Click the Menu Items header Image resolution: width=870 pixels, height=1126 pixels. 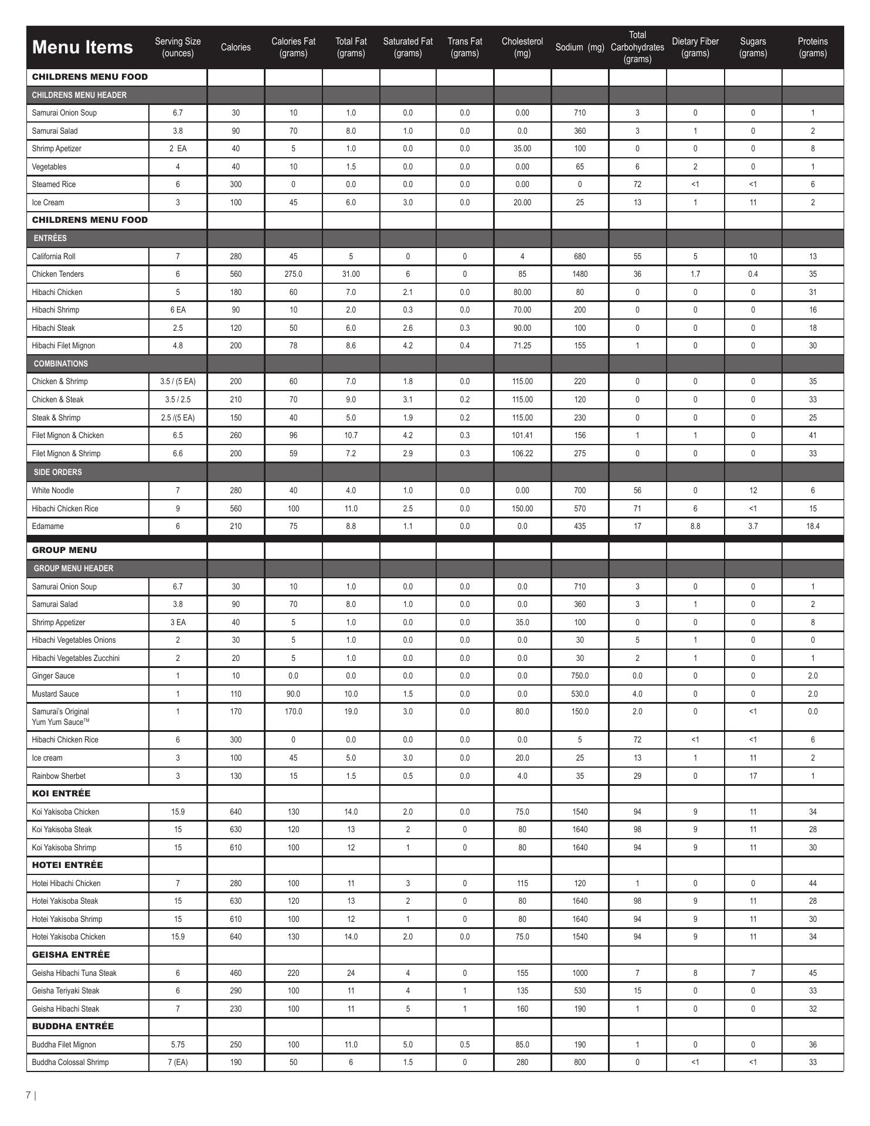[x=82, y=47]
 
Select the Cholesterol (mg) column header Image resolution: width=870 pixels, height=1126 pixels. [x=522, y=47]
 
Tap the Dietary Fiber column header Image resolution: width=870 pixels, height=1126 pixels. [x=695, y=47]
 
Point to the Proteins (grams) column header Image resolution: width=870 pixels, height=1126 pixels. [x=813, y=47]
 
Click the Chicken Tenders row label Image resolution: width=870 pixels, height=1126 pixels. [x=57, y=274]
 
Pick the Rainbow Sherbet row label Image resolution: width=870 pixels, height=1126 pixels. [x=59, y=776]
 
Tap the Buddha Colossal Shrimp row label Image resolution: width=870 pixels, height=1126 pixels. [x=70, y=1062]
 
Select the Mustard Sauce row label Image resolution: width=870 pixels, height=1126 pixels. [x=55, y=694]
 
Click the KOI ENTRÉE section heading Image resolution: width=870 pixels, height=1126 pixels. [x=61, y=793]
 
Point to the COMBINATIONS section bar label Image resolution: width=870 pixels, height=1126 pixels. [x=60, y=364]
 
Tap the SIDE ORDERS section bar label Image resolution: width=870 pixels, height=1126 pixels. [x=57, y=472]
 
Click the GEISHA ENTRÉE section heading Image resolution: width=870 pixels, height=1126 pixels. [x=70, y=955]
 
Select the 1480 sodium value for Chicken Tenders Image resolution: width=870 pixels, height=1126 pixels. [x=579, y=274]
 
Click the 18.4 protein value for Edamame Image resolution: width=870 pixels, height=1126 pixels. [x=813, y=526]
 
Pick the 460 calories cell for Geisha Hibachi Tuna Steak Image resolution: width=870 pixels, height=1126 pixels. [x=235, y=973]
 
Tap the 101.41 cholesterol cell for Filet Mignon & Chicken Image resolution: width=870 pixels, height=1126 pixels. [x=522, y=435]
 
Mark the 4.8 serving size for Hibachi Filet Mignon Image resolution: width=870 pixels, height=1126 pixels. [x=178, y=345]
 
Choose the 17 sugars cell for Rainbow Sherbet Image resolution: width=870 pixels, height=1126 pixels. [x=753, y=776]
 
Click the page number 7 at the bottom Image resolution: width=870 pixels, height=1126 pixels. [x=28, y=1095]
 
